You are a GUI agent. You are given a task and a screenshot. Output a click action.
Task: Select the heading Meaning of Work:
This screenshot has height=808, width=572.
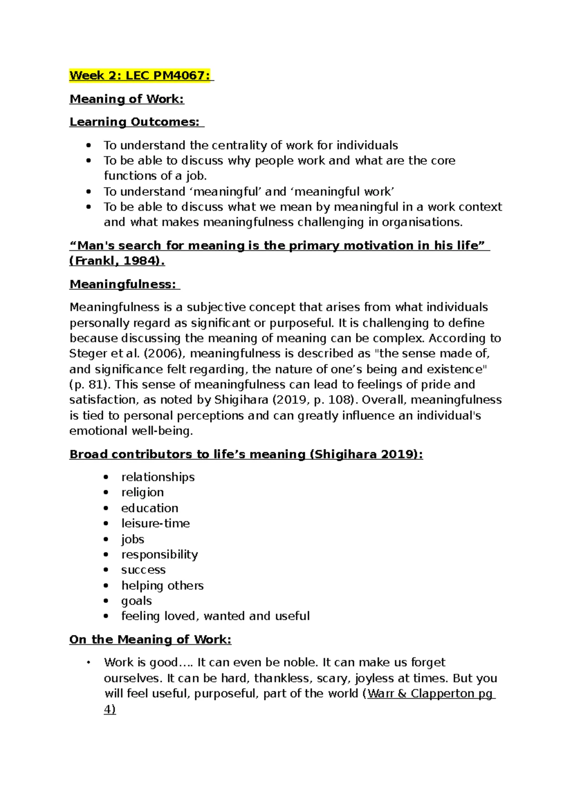(126, 99)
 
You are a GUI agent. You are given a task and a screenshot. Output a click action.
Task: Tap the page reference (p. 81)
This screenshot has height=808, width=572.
(90, 384)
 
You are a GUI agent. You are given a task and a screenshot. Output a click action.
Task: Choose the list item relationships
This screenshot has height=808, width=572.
(158, 477)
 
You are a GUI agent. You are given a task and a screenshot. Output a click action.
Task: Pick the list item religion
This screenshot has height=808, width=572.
(142, 492)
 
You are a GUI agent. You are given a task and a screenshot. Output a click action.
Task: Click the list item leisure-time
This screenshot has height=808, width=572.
(155, 523)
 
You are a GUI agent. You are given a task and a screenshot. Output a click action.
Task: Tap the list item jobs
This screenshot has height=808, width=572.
(133, 539)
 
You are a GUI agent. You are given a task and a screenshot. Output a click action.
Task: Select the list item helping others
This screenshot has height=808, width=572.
(162, 586)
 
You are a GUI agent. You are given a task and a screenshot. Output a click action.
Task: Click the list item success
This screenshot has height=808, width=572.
(143, 570)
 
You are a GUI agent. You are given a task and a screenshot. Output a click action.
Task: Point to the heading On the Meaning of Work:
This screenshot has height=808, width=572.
(150, 639)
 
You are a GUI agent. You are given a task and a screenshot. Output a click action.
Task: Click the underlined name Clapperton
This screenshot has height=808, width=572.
(442, 694)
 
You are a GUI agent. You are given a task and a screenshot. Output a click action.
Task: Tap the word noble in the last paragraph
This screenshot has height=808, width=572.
(300, 662)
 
